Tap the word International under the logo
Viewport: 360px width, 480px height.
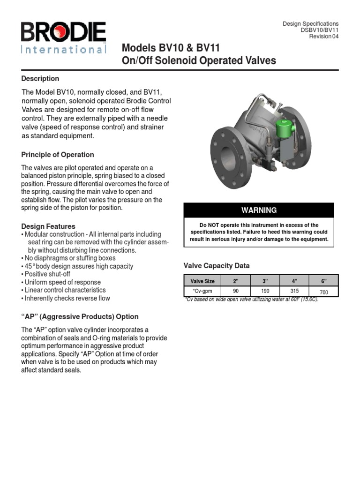63,49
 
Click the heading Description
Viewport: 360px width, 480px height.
40,78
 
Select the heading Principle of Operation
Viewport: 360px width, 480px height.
58,155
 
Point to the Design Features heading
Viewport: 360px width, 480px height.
48,226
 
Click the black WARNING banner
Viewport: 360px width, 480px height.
259,210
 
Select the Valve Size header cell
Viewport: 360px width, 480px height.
202,281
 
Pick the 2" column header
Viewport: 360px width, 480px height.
236,281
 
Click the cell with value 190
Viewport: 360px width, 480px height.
265,291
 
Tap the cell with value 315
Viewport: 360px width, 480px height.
294,291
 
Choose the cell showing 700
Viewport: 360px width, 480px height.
323,292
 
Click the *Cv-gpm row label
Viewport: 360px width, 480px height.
202,291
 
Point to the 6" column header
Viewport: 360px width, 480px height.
323,281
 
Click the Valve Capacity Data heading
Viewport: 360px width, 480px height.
216,266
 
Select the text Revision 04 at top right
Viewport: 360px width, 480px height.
323,37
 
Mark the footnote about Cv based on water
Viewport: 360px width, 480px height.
252,300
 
